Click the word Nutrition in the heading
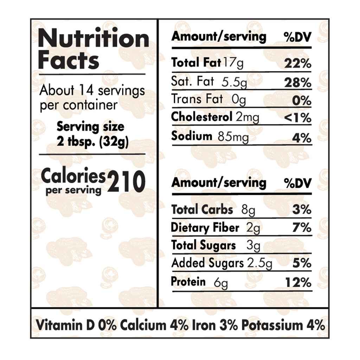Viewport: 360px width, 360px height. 94,39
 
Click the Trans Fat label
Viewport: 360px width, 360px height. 197,99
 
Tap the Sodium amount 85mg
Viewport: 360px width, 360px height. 233,137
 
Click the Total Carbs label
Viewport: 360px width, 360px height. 202,210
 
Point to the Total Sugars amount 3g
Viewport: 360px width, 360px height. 253,245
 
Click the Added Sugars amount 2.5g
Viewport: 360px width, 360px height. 259,263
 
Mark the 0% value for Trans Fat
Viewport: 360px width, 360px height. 302,100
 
